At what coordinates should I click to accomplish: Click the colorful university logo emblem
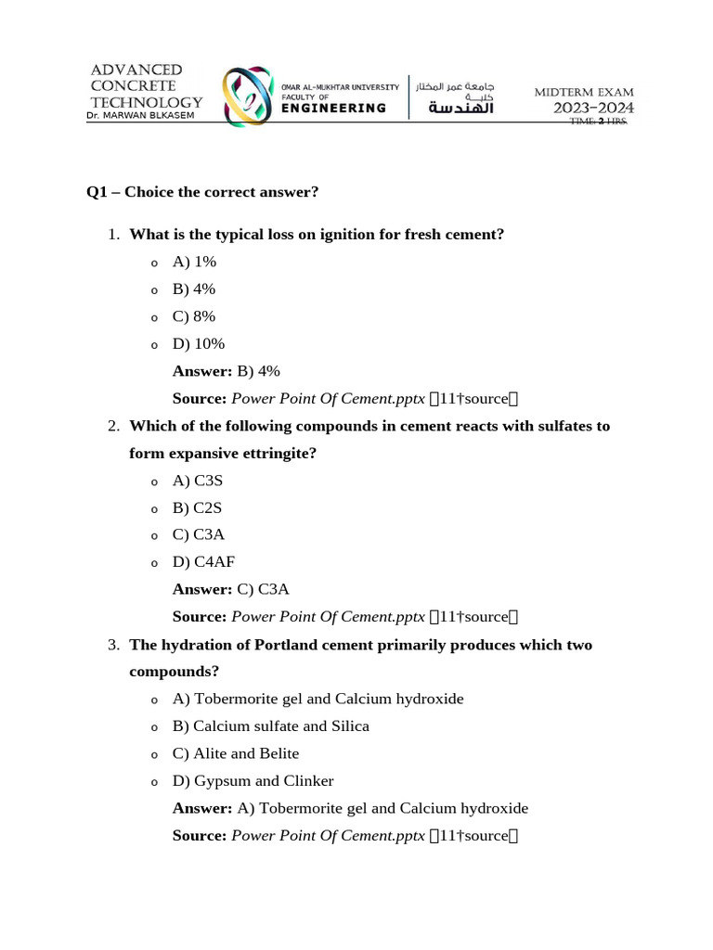tap(248, 96)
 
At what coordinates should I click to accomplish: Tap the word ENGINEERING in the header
tap(334, 109)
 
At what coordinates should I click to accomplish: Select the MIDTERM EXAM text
tap(584, 92)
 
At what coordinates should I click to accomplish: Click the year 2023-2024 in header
tap(594, 109)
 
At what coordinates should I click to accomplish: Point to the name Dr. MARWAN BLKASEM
tap(140, 116)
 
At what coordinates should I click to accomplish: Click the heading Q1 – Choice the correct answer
tap(202, 192)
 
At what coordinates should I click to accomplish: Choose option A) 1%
tap(194, 263)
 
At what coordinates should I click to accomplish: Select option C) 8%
tap(194, 316)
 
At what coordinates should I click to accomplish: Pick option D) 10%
tap(199, 344)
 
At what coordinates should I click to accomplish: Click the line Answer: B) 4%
tap(227, 371)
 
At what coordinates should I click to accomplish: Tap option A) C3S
tap(198, 481)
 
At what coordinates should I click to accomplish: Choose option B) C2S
tap(198, 508)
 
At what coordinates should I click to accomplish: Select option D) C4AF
tap(203, 562)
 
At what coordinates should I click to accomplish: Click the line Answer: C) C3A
tap(231, 589)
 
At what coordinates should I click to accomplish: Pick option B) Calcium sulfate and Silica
tap(271, 726)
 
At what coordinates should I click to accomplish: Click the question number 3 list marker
tap(113, 645)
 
